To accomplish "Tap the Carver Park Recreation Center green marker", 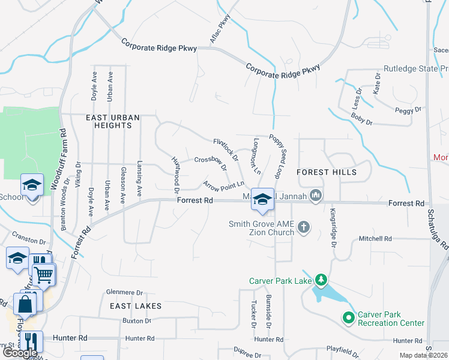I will (x=348, y=318).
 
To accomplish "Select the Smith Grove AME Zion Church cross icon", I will (x=304, y=227).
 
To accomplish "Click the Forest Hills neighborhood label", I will (x=327, y=172).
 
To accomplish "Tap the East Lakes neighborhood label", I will (x=136, y=306).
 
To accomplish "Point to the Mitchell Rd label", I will (x=375, y=239).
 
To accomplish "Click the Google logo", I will (x=20, y=353).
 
